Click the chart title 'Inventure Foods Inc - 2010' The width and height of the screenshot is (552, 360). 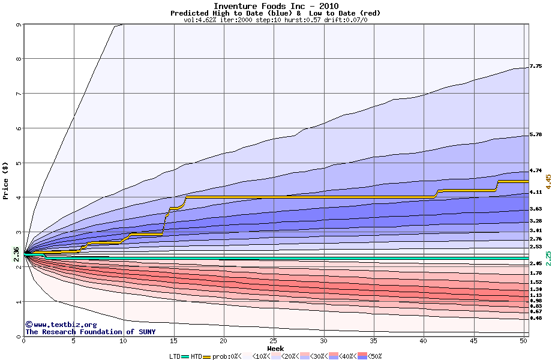pyautogui.click(x=275, y=6)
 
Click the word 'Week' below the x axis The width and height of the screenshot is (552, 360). pyautogui.click(x=275, y=349)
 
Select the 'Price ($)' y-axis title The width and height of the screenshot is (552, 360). pyautogui.click(x=5, y=180)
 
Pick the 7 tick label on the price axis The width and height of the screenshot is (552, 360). pyautogui.click(x=19, y=94)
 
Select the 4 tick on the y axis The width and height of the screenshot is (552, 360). pyautogui.click(x=19, y=197)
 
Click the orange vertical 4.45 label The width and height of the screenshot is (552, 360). pyautogui.click(x=548, y=181)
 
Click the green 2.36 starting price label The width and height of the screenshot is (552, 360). pyautogui.click(x=17, y=254)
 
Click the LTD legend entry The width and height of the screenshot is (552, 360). pyautogui.click(x=175, y=356)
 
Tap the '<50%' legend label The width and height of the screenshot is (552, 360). pyautogui.click(x=373, y=356)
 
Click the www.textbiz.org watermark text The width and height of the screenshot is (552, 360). pyautogui.click(x=61, y=324)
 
